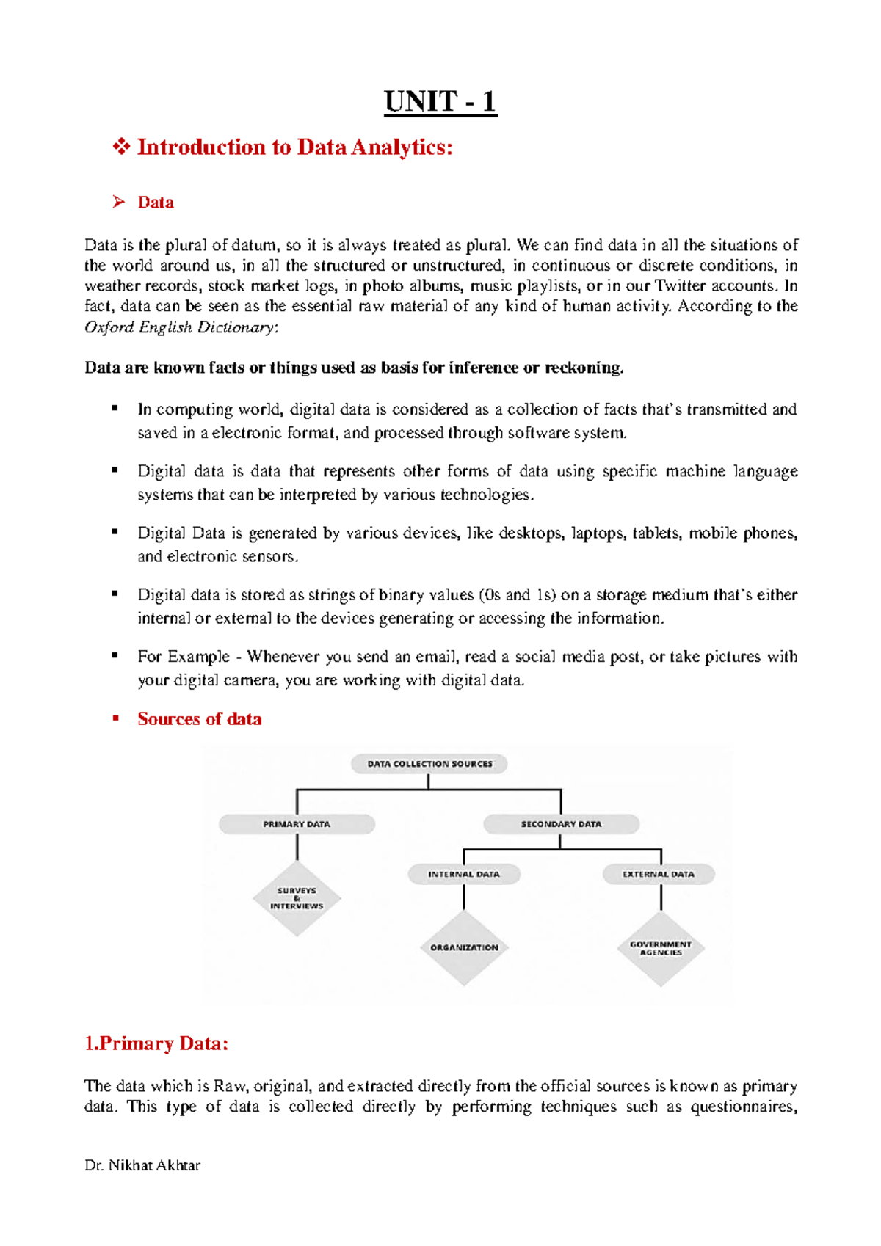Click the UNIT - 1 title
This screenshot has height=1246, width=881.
[x=440, y=102]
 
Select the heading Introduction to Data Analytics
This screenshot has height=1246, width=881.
[x=294, y=147]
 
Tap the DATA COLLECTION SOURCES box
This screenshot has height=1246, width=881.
[x=429, y=764]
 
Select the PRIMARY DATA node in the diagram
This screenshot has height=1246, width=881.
[x=297, y=824]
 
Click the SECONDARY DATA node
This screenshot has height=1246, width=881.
[x=561, y=824]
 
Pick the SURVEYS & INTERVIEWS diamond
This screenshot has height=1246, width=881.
[x=297, y=899]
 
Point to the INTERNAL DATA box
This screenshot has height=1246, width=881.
[x=464, y=874]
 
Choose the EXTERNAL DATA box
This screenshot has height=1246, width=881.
[x=659, y=874]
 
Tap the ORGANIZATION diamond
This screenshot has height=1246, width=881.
[x=464, y=947]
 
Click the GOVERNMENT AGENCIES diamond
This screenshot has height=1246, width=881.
[x=661, y=948]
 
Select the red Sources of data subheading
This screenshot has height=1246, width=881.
[x=199, y=719]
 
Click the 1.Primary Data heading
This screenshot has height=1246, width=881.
[x=156, y=1043]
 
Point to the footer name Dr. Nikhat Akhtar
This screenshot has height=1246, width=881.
[x=142, y=1165]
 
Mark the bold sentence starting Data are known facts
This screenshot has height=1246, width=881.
[x=354, y=368]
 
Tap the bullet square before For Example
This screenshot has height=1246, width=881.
[x=115, y=655]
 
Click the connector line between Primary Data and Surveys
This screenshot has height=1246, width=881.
[x=297, y=847]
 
